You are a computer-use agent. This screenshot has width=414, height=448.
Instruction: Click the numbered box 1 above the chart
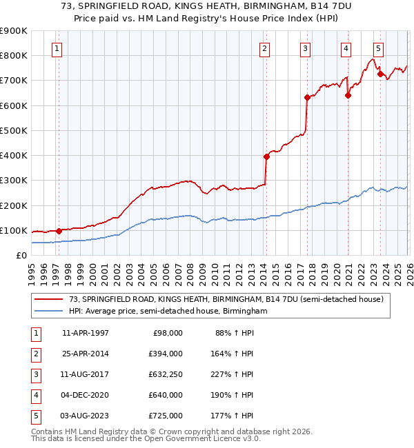coord(57,48)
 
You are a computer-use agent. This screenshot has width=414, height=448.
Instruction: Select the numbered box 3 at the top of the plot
coord(305,48)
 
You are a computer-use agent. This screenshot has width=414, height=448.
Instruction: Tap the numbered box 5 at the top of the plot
coord(379,48)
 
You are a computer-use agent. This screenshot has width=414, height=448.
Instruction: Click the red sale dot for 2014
coord(266,156)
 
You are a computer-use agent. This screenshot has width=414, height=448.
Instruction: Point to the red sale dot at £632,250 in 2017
coord(307,97)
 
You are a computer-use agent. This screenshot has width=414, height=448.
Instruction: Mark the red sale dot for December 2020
coord(348,95)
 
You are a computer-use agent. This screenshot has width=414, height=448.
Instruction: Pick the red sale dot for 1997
coord(59,231)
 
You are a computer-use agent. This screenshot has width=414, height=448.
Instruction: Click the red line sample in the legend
coord(50,299)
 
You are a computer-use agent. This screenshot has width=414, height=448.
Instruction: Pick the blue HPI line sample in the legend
coord(50,311)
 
